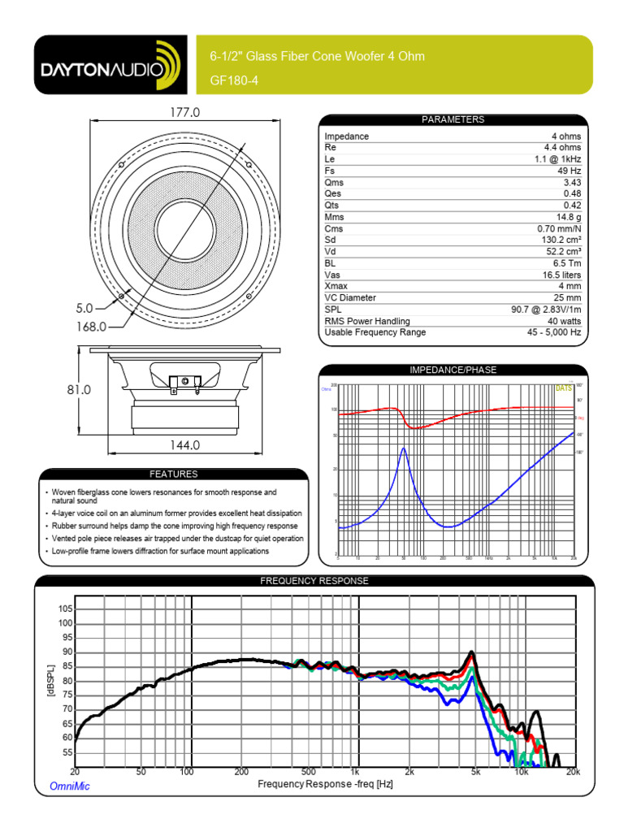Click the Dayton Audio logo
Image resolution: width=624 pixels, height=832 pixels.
(x=106, y=65)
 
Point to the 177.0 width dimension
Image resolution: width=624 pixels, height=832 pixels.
(x=184, y=112)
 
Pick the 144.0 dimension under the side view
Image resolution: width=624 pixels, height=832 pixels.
(x=184, y=445)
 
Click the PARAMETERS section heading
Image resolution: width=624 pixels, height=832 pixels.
(x=453, y=119)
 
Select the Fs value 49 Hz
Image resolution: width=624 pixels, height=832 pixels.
(x=570, y=171)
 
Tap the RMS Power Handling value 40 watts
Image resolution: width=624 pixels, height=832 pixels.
(x=562, y=321)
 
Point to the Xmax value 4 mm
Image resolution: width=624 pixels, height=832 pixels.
(x=569, y=286)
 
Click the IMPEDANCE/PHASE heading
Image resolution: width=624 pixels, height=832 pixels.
(x=453, y=370)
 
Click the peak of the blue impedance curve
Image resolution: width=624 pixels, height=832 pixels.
(x=404, y=448)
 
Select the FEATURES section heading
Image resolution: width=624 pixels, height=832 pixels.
(x=173, y=474)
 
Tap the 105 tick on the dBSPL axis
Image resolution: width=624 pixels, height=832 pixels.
(x=66, y=609)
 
